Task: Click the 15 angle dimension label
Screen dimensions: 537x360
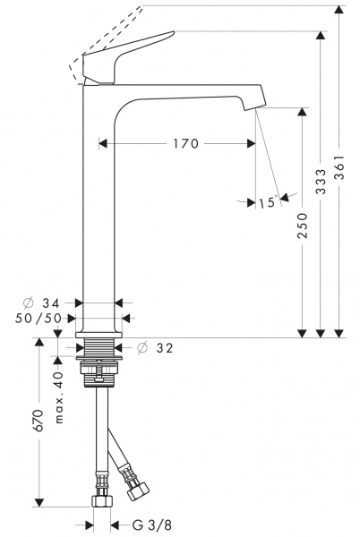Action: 266,203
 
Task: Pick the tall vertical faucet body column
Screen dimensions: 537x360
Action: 99,206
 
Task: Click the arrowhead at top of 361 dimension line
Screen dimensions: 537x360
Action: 338,9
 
